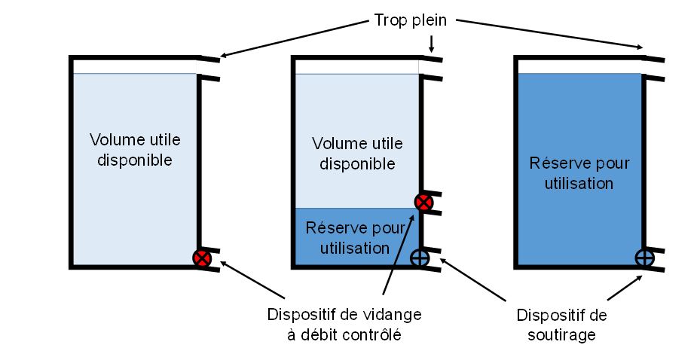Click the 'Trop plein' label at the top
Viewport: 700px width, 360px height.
pos(411,20)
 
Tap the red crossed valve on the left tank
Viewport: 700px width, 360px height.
pos(201,259)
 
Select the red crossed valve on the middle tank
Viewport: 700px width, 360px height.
pos(424,202)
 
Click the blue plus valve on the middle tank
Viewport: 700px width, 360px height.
pos(420,258)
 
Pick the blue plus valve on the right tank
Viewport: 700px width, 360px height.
pos(644,258)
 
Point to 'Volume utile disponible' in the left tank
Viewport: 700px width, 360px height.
pos(135,150)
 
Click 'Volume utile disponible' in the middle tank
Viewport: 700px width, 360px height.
pos(356,153)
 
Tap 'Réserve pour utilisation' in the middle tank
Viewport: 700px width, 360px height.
pos(355,237)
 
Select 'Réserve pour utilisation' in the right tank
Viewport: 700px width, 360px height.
pos(579,172)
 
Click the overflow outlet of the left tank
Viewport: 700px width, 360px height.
pos(208,67)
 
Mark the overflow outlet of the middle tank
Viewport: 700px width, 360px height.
pos(431,67)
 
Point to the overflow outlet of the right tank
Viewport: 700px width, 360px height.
pos(654,67)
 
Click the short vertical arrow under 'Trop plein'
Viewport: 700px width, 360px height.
pos(430,43)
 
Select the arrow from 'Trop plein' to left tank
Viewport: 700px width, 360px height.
pos(294,38)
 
